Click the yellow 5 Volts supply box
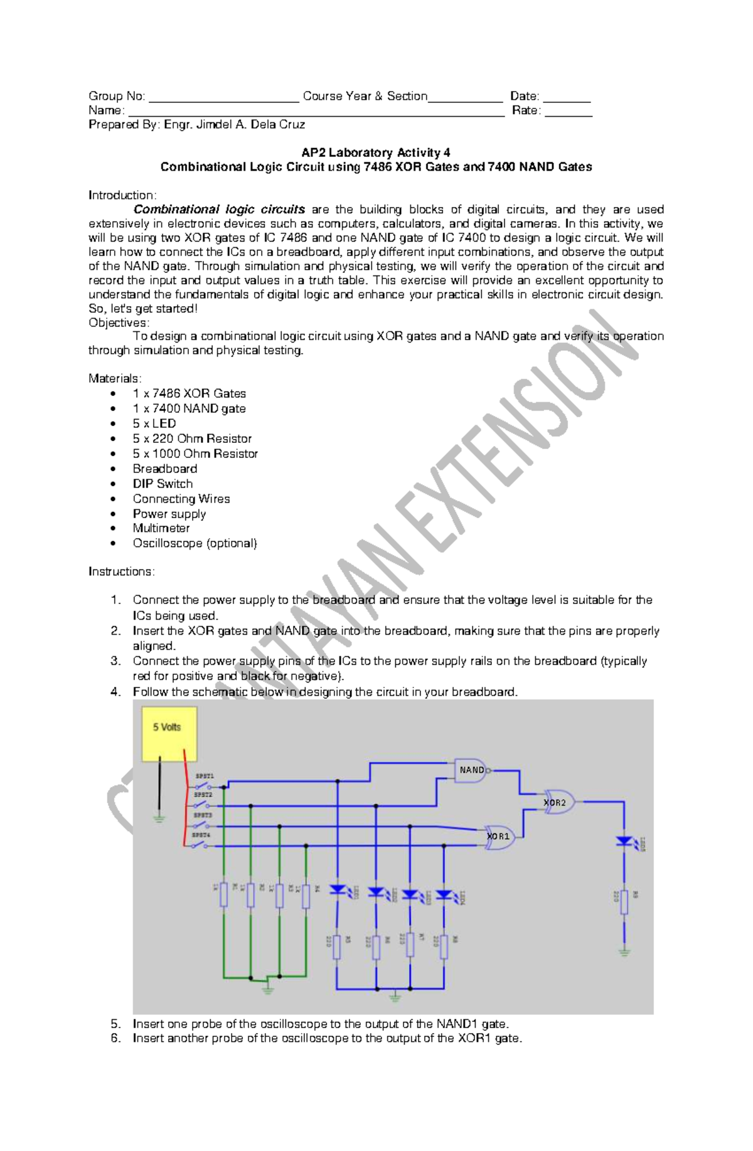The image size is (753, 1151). (169, 733)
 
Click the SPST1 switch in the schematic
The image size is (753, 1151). (203, 785)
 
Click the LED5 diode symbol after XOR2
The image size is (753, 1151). (624, 841)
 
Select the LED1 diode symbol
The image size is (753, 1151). (338, 889)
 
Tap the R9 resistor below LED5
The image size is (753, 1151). (624, 901)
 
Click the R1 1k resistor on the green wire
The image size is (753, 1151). (223, 896)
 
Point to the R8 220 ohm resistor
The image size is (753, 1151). (444, 947)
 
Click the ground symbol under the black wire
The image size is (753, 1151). (159, 817)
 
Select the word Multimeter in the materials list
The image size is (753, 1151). (161, 528)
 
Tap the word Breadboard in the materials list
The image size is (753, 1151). (164, 469)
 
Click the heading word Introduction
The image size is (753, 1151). (122, 195)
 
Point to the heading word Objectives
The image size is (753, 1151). (118, 322)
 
